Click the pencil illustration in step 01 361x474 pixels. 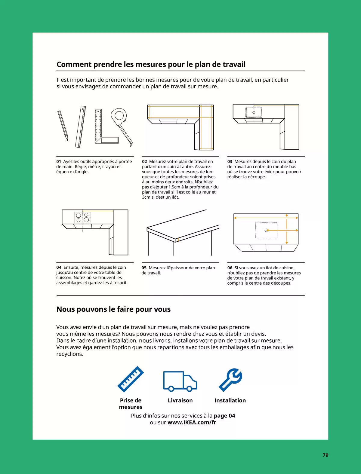click(x=63, y=126)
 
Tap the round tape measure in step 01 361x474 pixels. click(x=119, y=116)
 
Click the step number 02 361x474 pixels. click(x=144, y=162)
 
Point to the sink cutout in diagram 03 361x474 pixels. click(x=254, y=112)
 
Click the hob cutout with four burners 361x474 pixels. click(x=82, y=217)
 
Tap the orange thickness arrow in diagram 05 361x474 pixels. click(x=178, y=240)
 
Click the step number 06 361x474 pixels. click(x=230, y=268)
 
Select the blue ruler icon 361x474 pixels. click(x=130, y=379)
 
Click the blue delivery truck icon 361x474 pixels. click(x=180, y=381)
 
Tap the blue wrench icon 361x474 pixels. click(x=231, y=380)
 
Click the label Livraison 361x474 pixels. click(x=180, y=400)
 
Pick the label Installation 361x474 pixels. click(x=230, y=400)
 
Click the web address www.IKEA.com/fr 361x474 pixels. click(x=192, y=422)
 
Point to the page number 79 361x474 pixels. click(x=326, y=455)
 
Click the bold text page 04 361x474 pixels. click(x=224, y=416)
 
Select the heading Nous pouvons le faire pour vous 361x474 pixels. click(x=113, y=309)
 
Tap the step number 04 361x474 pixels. click(x=59, y=268)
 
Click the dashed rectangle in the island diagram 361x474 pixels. click(x=266, y=230)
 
